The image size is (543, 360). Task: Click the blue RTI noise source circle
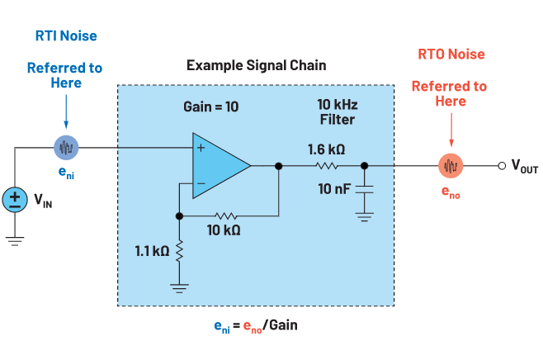tap(66, 148)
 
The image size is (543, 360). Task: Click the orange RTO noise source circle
tap(450, 165)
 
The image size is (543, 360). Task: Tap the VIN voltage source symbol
tap(15, 198)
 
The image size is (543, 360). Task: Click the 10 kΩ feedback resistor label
tap(225, 229)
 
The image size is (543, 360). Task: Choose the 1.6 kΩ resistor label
tap(328, 149)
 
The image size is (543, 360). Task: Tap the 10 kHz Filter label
tap(337, 112)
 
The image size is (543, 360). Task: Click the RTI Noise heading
tap(65, 36)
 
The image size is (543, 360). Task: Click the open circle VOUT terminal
tap(501, 165)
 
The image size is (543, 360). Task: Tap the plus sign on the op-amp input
tap(200, 149)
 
